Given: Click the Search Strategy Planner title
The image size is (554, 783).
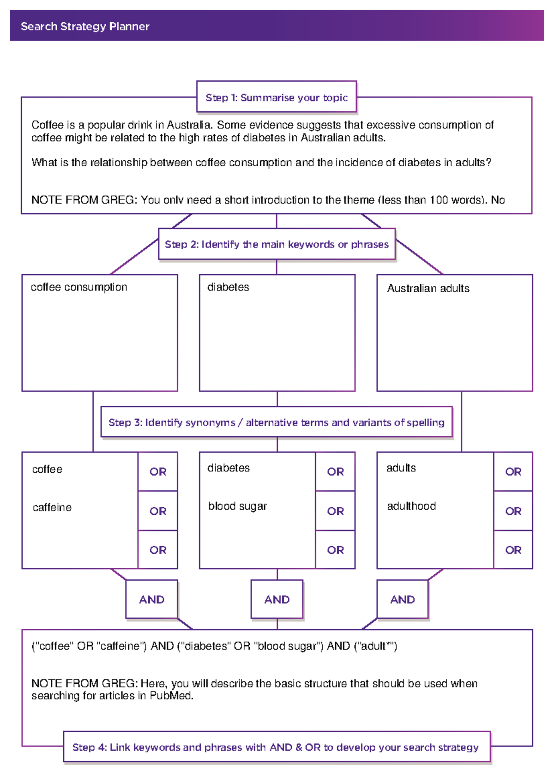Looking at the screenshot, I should click(85, 26).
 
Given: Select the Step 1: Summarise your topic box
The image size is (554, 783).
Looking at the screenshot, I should click(277, 97).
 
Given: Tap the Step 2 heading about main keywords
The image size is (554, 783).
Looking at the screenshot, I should click(277, 244).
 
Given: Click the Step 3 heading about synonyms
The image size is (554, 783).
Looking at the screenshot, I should click(276, 422).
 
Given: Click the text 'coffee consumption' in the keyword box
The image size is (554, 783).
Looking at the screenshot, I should click(79, 287).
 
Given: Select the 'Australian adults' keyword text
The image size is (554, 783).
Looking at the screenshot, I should click(428, 289).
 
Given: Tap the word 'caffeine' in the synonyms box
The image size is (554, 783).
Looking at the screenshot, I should click(52, 507).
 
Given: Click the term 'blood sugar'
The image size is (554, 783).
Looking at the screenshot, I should click(237, 506).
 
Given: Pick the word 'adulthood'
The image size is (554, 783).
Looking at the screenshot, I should click(411, 506).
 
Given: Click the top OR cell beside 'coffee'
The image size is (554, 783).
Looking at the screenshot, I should click(158, 472).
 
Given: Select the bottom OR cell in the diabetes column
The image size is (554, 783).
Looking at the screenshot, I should click(336, 550).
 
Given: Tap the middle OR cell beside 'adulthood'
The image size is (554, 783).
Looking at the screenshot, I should click(513, 511).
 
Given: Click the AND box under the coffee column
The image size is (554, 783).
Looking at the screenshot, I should click(152, 599).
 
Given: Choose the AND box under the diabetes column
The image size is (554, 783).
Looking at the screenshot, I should click(277, 599).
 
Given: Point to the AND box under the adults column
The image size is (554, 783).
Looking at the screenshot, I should click(403, 599).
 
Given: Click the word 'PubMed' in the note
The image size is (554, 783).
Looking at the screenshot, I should click(170, 696).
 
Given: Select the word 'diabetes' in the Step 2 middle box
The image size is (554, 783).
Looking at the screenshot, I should click(228, 287).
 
